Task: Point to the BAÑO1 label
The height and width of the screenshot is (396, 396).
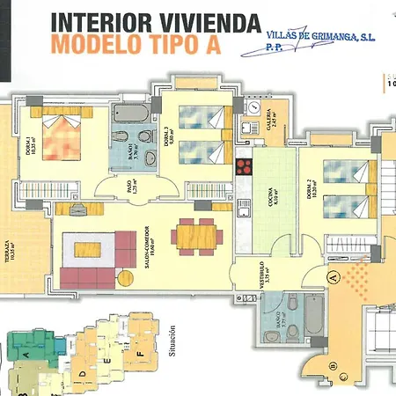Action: [x=130, y=153]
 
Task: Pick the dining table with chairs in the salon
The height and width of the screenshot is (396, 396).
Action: [x=194, y=233]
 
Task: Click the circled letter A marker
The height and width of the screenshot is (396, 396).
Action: [x=332, y=275]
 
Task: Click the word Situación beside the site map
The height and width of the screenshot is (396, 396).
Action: [x=172, y=339]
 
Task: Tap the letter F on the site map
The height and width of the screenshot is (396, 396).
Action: [x=139, y=356]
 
